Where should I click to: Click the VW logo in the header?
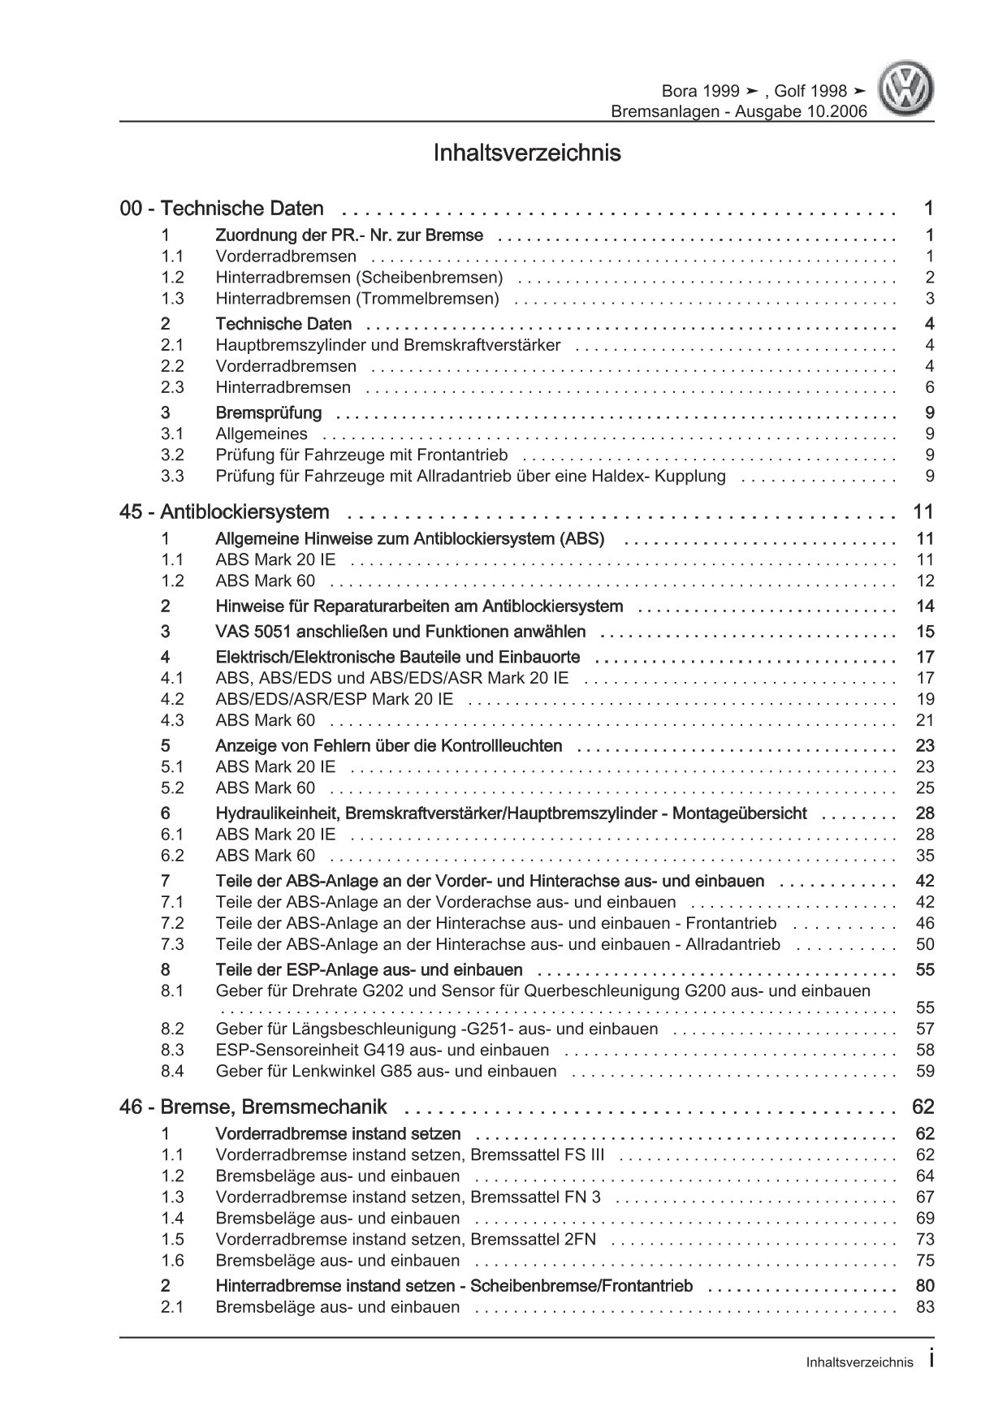click(908, 91)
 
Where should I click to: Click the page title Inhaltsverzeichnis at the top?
click(528, 153)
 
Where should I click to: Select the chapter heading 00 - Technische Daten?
click(222, 209)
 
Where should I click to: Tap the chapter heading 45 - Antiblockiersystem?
click(224, 512)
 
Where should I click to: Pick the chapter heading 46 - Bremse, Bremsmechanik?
click(253, 1107)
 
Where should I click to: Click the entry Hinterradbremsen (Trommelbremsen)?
click(357, 299)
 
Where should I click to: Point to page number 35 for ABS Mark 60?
click(924, 856)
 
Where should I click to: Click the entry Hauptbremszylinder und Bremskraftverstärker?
click(387, 345)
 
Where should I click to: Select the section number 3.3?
click(172, 477)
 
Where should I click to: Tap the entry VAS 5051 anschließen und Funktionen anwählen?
click(400, 632)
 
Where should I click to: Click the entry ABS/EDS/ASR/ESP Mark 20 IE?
click(335, 699)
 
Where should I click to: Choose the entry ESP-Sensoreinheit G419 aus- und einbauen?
click(382, 1050)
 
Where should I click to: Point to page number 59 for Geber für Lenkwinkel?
click(924, 1071)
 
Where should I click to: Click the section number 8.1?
click(172, 991)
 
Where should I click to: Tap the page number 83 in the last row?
click(924, 1307)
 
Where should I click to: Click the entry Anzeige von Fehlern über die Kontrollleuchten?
click(389, 746)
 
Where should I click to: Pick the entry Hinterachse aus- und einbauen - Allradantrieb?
click(498, 944)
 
